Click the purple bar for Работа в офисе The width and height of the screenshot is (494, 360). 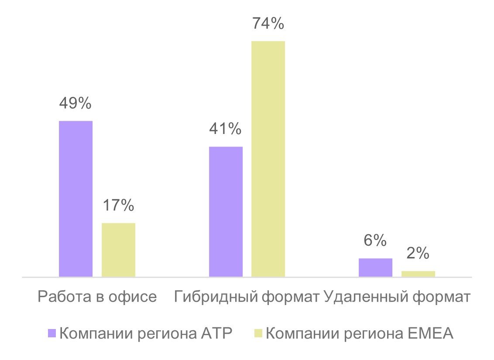(75, 199)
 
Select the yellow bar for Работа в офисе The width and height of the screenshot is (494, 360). (118, 250)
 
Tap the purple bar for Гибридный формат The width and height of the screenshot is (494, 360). (226, 212)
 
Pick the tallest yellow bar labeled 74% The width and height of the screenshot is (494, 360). (268, 159)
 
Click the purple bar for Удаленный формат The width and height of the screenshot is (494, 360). (375, 267)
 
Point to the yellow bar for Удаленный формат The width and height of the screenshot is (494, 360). (418, 274)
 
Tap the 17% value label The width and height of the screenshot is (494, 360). (118, 205)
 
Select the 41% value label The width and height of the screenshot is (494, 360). (226, 129)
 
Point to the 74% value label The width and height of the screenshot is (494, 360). (268, 24)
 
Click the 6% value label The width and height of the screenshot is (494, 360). (375, 240)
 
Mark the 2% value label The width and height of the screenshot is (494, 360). (418, 253)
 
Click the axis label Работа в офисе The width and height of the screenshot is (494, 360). (97, 297)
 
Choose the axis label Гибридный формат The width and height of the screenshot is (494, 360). (247, 297)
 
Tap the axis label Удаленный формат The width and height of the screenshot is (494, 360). (397, 297)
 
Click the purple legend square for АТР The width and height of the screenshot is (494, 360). (52, 334)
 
